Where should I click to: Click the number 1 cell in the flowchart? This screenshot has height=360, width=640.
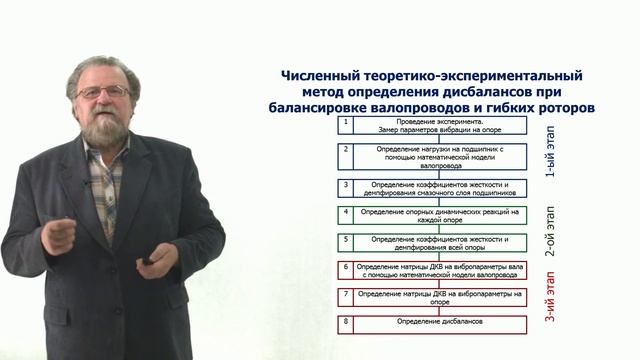click(x=345, y=124)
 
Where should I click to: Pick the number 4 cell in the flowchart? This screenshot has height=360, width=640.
click(x=345, y=213)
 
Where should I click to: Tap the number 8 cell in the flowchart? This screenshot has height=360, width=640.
click(x=345, y=323)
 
